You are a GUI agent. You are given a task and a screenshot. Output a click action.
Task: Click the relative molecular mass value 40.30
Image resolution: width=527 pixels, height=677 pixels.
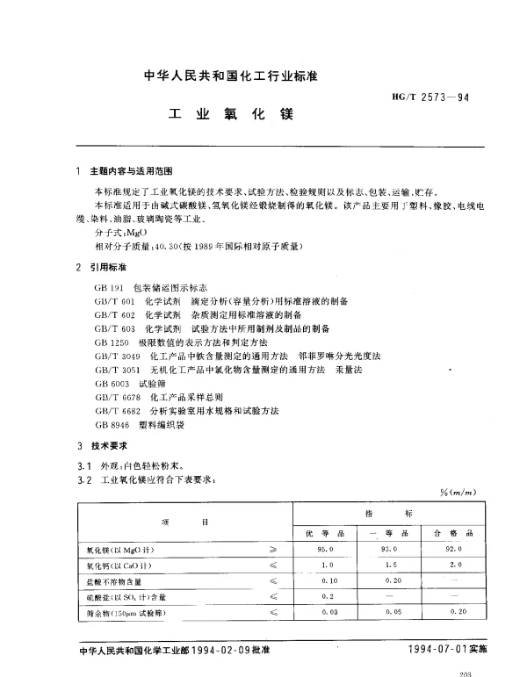(143, 247)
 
